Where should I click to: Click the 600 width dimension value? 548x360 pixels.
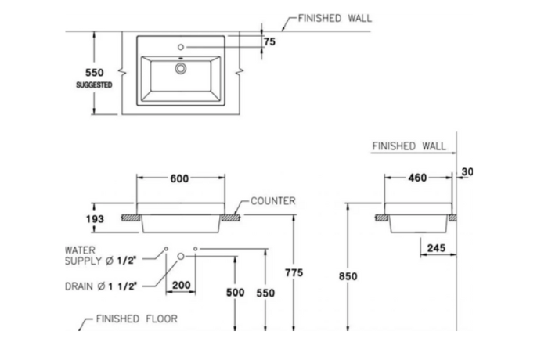coord(179,178)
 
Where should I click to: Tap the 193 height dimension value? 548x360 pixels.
coord(95,219)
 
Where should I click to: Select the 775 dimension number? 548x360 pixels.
coord(294,272)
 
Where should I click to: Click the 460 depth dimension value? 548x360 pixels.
coord(417,178)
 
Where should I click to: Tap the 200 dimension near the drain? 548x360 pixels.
coord(181,285)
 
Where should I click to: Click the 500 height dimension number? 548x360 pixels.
coord(235,291)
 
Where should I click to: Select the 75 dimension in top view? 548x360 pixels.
coord(269,42)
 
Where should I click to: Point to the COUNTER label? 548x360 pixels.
coord(273,201)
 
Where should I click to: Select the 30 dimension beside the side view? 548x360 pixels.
coord(467,172)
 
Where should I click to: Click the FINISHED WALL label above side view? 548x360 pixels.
coord(409,146)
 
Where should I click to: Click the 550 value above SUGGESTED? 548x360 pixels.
coord(94,72)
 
